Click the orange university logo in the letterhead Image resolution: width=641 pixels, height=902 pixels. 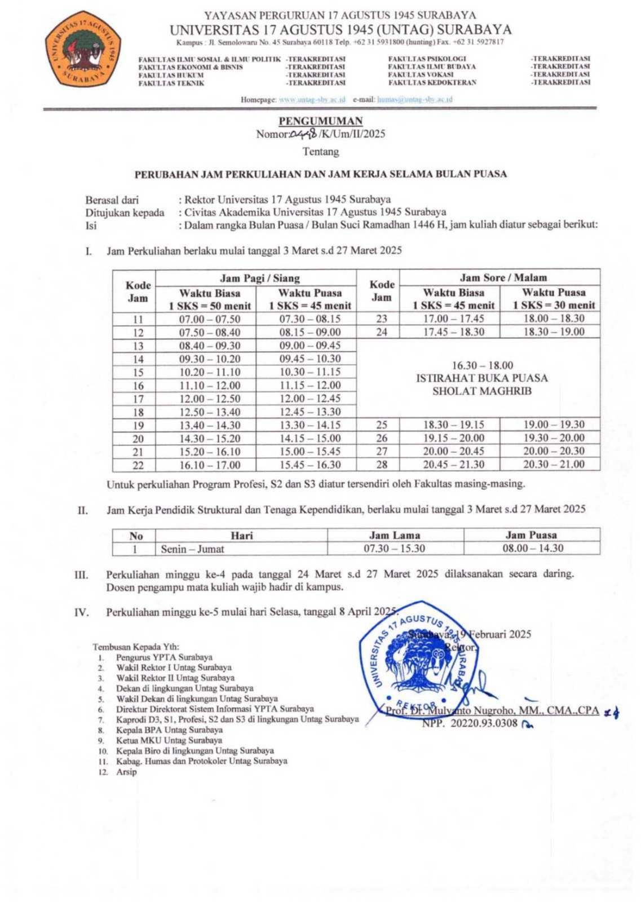coord(83,49)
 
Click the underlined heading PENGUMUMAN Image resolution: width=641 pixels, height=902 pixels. coord(320,121)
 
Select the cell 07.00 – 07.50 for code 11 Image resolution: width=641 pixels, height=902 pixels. coord(210,319)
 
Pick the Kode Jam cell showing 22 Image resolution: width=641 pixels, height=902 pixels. coord(138,465)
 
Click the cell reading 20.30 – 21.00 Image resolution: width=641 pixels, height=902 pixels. coord(554,465)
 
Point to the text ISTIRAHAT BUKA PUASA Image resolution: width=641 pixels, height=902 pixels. coord(482,378)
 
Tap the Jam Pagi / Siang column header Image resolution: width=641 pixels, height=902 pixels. coord(259,278)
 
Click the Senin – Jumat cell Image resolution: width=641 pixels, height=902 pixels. coord(192,549)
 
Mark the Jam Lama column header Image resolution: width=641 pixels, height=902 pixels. coord(395,535)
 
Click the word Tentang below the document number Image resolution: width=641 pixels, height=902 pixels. coord(321,152)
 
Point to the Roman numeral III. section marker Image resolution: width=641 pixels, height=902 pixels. coord(82,575)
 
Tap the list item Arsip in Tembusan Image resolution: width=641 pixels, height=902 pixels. coord(126,772)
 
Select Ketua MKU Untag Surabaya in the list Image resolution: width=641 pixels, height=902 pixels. coord(169,740)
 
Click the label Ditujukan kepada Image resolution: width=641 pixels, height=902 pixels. coord(125,213)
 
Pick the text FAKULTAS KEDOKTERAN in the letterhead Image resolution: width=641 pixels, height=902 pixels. coord(432,82)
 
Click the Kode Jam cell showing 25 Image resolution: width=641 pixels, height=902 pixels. coord(382,425)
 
